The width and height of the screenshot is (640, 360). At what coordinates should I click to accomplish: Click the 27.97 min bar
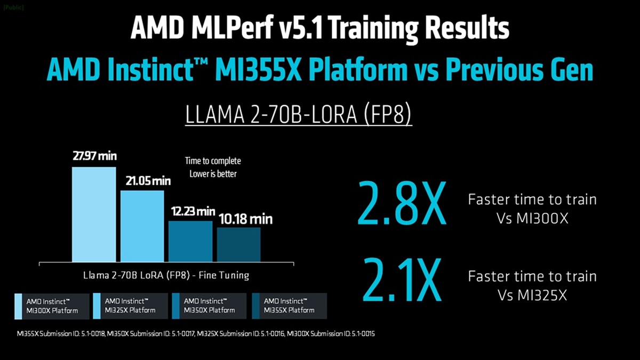pyautogui.click(x=94, y=214)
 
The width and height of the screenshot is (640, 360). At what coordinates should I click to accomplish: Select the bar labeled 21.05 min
pyautogui.click(x=142, y=226)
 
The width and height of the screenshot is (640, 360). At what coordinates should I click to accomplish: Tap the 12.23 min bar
pyautogui.click(x=190, y=241)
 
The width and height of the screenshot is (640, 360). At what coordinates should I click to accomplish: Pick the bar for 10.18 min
pyautogui.click(x=238, y=244)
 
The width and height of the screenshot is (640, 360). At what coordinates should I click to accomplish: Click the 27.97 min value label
pyautogui.click(x=94, y=157)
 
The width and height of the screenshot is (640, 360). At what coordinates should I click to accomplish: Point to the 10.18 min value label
pyautogui.click(x=245, y=219)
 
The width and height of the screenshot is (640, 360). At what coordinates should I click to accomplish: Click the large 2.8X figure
pyautogui.click(x=401, y=203)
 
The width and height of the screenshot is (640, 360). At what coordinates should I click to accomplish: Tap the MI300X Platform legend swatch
pyautogui.click(x=19, y=306)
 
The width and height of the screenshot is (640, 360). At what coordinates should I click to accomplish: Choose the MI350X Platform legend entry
pyautogui.click(x=209, y=306)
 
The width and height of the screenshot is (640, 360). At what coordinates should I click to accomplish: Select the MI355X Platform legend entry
pyautogui.click(x=289, y=306)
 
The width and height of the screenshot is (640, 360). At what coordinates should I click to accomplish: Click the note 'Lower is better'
pyautogui.click(x=213, y=174)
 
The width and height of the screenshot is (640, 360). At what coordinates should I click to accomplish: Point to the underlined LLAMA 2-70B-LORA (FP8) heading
pyautogui.click(x=298, y=114)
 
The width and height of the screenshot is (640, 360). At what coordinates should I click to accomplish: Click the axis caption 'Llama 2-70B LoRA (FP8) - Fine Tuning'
pyautogui.click(x=166, y=276)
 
